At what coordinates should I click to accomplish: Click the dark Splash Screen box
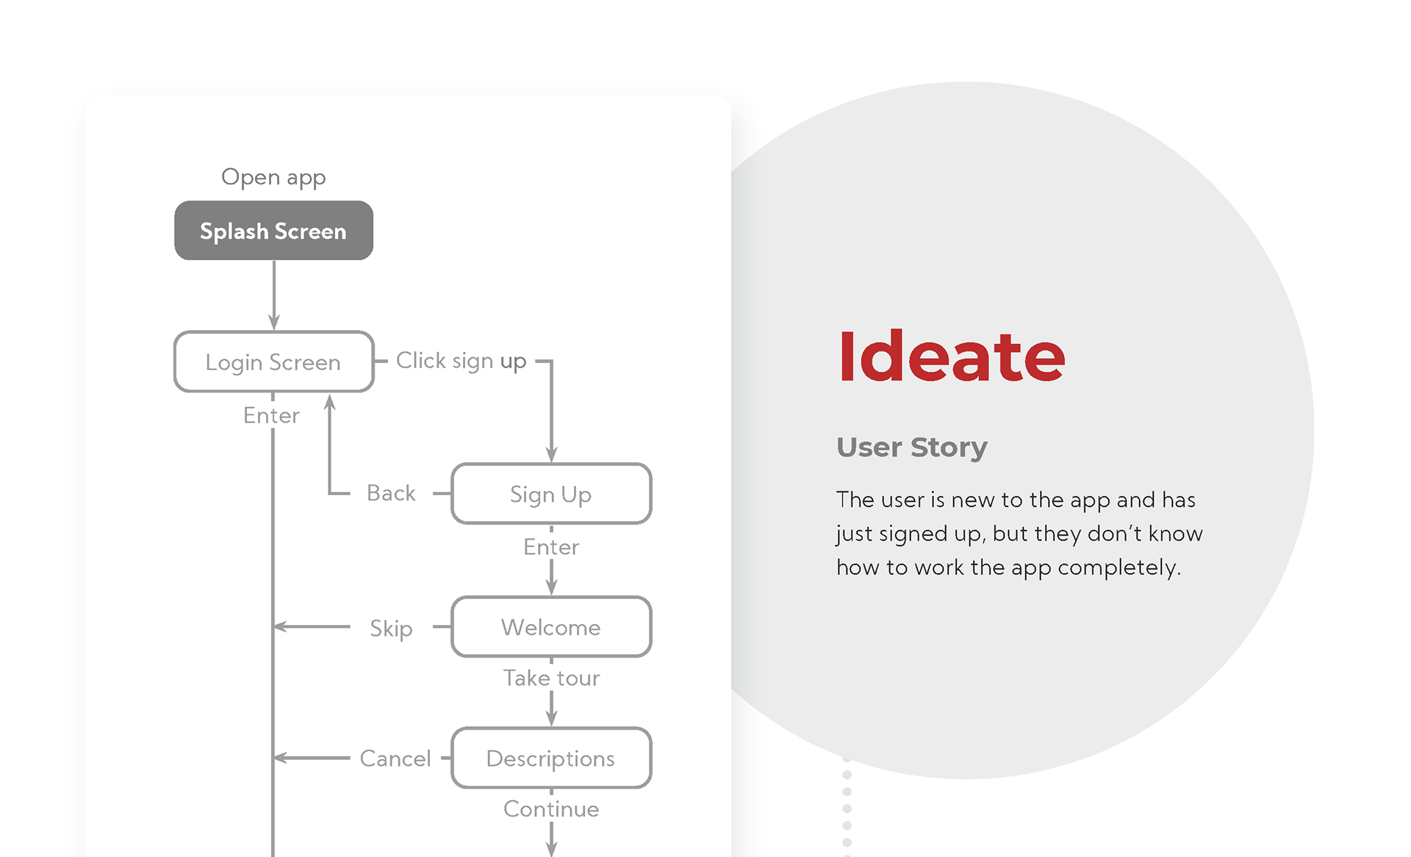pos(273,231)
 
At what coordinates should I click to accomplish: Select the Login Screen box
pos(273,362)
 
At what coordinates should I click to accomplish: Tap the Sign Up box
pos(551,494)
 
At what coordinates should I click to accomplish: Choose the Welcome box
pos(551,627)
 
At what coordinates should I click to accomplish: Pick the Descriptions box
pos(551,758)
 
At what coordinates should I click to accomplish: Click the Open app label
pos(273,177)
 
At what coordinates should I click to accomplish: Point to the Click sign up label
pos(461,361)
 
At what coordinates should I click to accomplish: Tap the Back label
pos(391,493)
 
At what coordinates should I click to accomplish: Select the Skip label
pos(391,628)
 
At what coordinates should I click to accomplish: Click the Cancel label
pos(395,759)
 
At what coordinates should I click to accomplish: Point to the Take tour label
pos(551,678)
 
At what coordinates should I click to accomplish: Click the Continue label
pos(551,809)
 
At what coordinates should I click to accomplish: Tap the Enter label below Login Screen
pos(271,416)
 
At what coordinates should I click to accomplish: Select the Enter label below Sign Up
pos(551,547)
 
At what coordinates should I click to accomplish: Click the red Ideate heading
pos(951,357)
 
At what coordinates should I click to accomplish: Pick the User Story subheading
pos(912,447)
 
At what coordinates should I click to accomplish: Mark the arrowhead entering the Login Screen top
pos(274,323)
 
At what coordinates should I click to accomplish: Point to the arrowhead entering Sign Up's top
pos(551,455)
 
